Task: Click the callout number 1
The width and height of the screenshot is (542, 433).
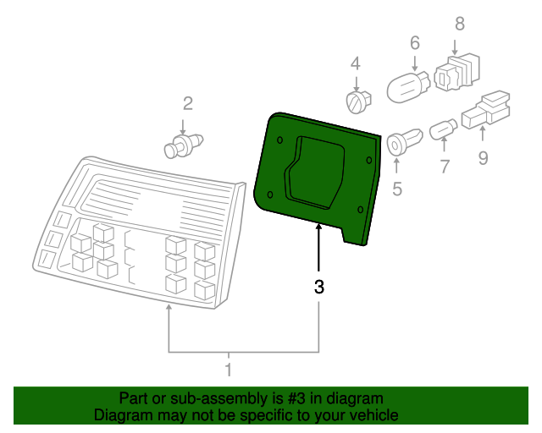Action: (x=228, y=370)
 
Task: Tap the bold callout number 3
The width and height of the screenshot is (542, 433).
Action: (x=319, y=287)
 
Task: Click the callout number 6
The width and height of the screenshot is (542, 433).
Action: (x=415, y=42)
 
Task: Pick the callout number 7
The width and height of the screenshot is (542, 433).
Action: (x=445, y=166)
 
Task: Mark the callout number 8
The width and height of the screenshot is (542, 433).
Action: (x=460, y=24)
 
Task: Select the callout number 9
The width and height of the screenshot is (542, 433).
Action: (x=483, y=156)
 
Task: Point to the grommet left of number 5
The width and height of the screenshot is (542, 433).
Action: (x=401, y=142)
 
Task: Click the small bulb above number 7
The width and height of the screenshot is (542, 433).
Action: (x=444, y=130)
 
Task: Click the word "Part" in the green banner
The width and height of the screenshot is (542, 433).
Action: (x=134, y=398)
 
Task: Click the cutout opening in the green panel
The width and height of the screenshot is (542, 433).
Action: (x=315, y=168)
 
